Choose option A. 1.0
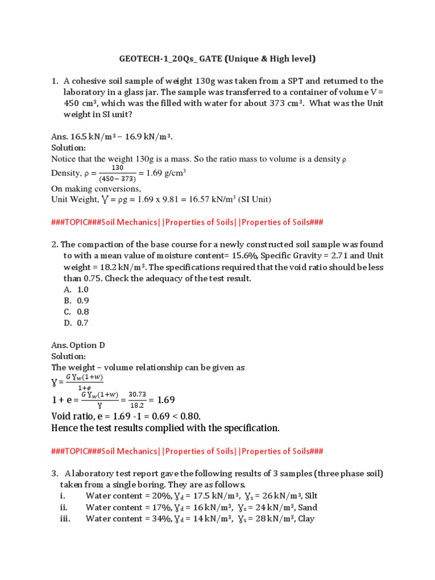[76, 289]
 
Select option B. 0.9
[76, 301]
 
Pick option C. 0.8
[76, 312]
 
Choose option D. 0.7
[76, 323]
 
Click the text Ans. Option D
[78, 345]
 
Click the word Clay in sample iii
[306, 519]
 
